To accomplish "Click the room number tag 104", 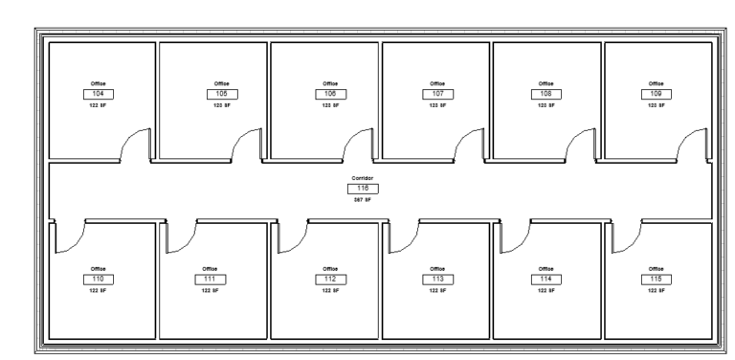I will click(97, 94).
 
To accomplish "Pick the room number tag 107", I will click(437, 94).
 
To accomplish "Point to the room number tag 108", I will click(546, 94).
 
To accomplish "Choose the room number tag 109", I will click(657, 94).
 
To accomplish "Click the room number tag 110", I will click(97, 278).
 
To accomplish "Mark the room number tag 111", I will click(210, 278).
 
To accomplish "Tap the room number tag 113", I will click(437, 278).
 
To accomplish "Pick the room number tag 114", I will click(546, 278).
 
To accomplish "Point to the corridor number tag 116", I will click(363, 189).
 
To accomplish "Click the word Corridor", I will click(363, 178).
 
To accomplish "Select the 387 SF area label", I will click(363, 200).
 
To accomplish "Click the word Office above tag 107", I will click(437, 83).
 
